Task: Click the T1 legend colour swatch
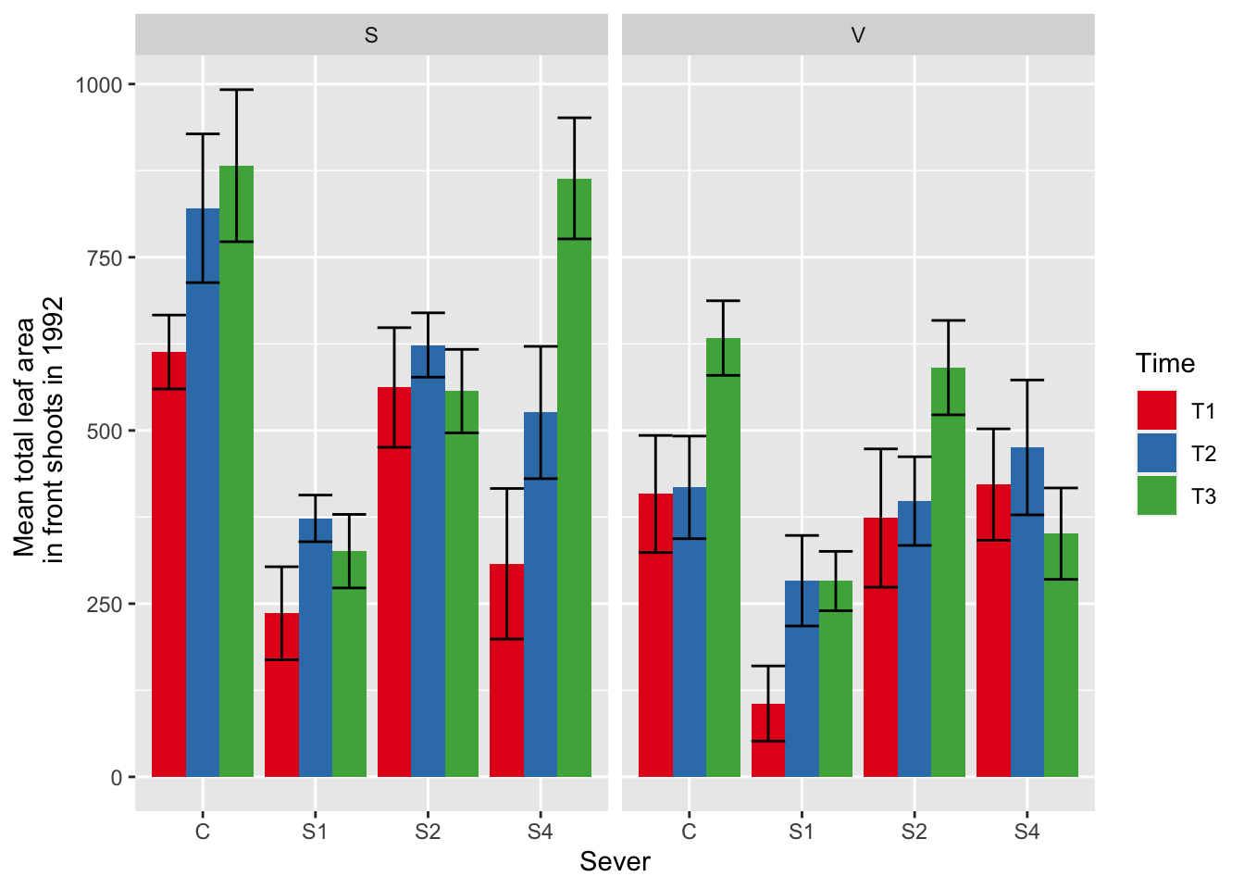(x=1156, y=410)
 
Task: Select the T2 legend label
(x=1203, y=454)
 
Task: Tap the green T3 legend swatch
(x=1156, y=496)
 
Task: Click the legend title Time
(x=1165, y=363)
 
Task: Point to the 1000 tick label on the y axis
(x=99, y=85)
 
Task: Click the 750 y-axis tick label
(x=105, y=258)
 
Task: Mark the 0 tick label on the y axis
(x=117, y=778)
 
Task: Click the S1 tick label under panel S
(x=315, y=832)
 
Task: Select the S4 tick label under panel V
(x=1026, y=832)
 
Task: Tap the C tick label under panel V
(x=689, y=832)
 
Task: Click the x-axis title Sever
(x=615, y=862)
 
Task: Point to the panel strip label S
(x=371, y=35)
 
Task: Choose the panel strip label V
(x=858, y=35)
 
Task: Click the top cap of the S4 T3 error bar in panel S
(x=574, y=118)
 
